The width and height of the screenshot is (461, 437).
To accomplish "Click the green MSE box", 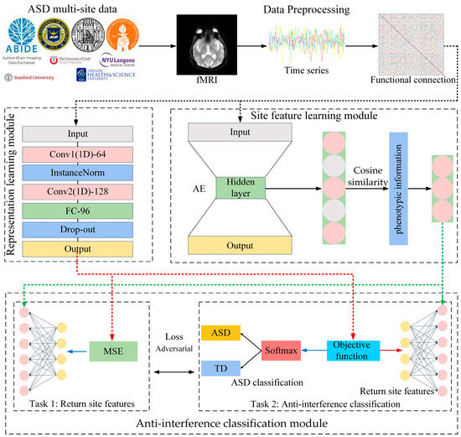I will [x=112, y=350].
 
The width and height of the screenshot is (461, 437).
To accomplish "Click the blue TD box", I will [x=220, y=367].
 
